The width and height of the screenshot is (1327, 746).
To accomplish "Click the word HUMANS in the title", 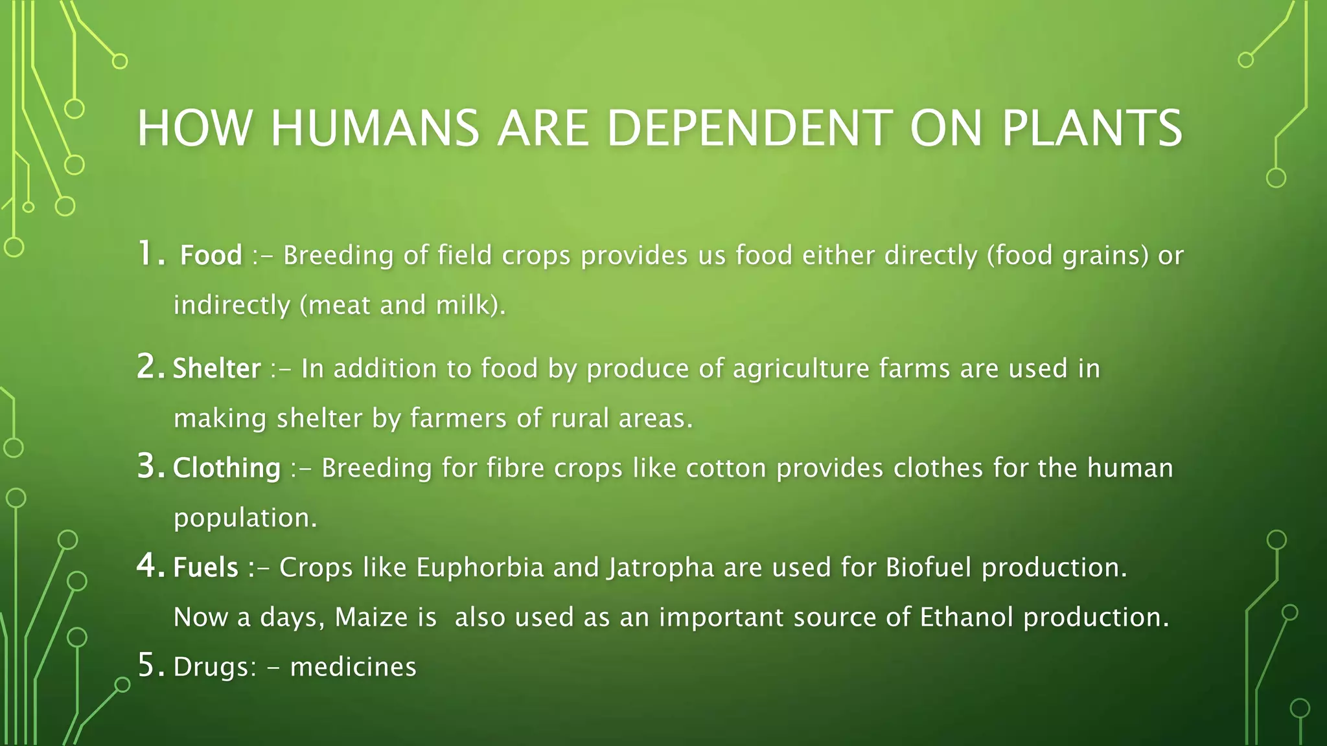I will pyautogui.click(x=375, y=128).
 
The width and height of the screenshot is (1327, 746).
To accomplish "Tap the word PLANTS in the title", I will pyautogui.click(x=1092, y=128).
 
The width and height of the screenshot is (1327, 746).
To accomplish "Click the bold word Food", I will pyautogui.click(x=211, y=255).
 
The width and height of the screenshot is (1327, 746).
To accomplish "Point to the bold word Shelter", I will pyautogui.click(x=217, y=368).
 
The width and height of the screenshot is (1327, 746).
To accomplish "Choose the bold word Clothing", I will pyautogui.click(x=227, y=468).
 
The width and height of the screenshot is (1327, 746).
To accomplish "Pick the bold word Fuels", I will pyautogui.click(x=206, y=567).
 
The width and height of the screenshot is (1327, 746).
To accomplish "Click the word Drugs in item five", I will pyautogui.click(x=214, y=667).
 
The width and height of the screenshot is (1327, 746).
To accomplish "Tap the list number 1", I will pyautogui.click(x=148, y=254).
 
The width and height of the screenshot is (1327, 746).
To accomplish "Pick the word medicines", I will pyautogui.click(x=353, y=667).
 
